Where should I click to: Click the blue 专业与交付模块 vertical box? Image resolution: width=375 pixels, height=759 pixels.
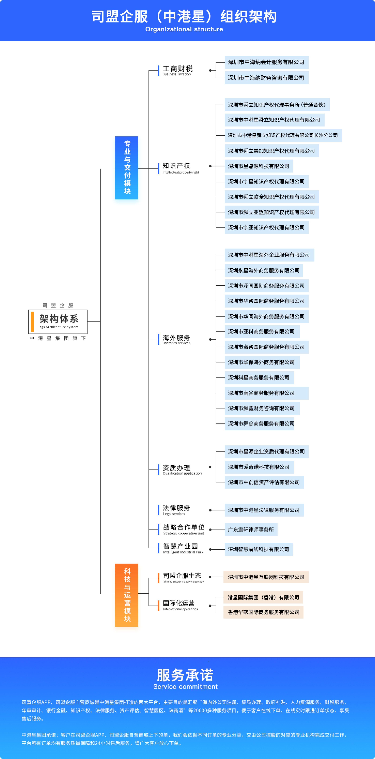127,168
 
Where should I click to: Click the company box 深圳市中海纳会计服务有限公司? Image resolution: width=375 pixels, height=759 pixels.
266,62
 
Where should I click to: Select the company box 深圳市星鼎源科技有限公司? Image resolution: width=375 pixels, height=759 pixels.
258,166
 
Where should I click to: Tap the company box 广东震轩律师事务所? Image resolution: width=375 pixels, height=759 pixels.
251,530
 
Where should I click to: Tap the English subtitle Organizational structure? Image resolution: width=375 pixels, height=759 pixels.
184,29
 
